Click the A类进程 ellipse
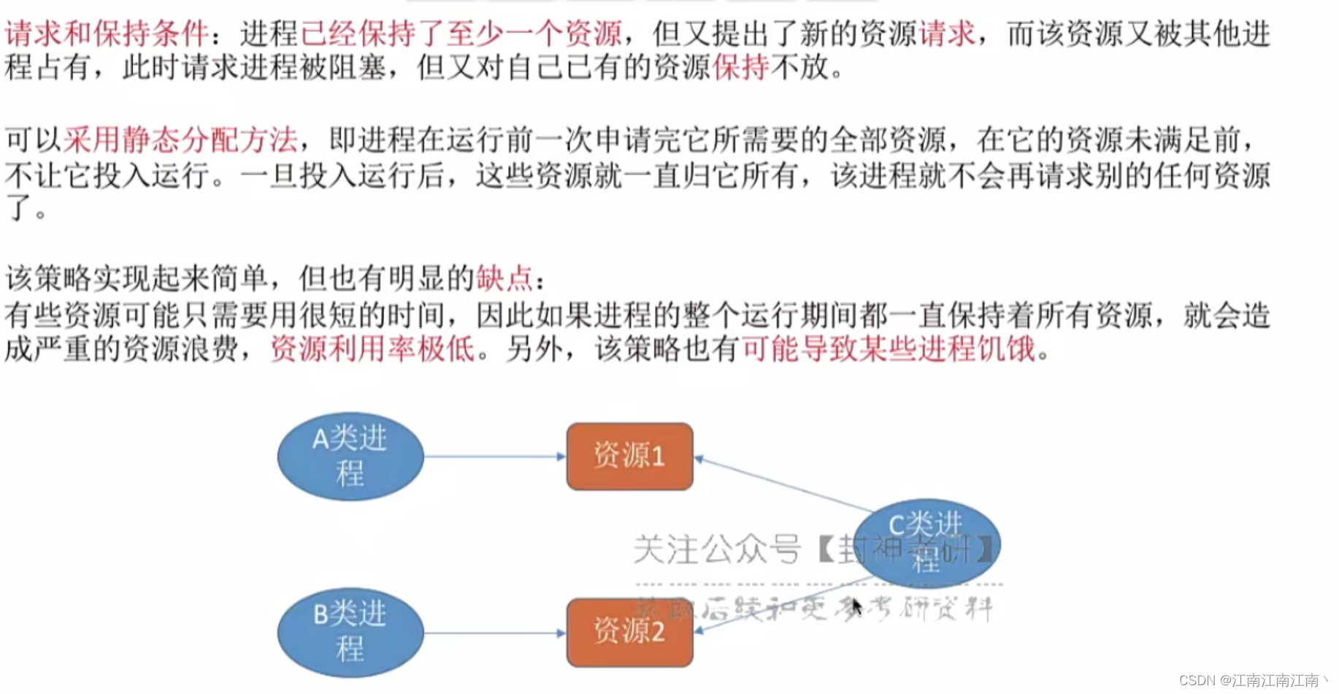[x=350, y=457]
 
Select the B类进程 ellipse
[x=350, y=633]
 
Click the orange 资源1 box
[x=629, y=457]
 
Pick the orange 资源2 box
[x=629, y=633]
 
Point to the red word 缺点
[x=504, y=278]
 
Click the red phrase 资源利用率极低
[x=372, y=349]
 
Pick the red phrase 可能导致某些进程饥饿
[x=889, y=349]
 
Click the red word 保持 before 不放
[x=740, y=68]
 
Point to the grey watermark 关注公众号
[x=717, y=549]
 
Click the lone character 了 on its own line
[x=18, y=208]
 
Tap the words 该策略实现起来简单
[x=136, y=278]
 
